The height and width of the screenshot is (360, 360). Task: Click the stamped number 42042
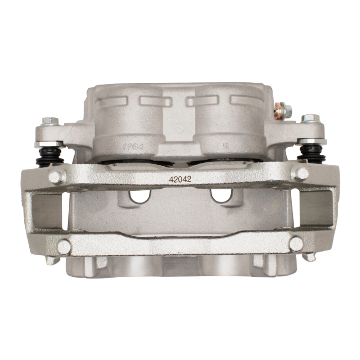(x=180, y=179)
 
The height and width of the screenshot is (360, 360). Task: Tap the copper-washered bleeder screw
(x=282, y=109)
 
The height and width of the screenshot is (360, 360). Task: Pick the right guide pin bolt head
(x=310, y=119)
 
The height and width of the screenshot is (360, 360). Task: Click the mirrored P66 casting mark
(x=127, y=147)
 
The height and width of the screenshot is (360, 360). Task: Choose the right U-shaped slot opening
(x=220, y=195)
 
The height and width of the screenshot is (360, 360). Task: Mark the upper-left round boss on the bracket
(x=57, y=176)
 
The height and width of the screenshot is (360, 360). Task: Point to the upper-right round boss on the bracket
(x=299, y=174)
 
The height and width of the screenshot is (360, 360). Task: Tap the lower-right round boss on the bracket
(x=296, y=244)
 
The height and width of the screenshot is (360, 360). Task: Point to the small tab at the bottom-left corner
(x=51, y=260)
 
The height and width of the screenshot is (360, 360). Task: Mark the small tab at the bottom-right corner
(x=310, y=257)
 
